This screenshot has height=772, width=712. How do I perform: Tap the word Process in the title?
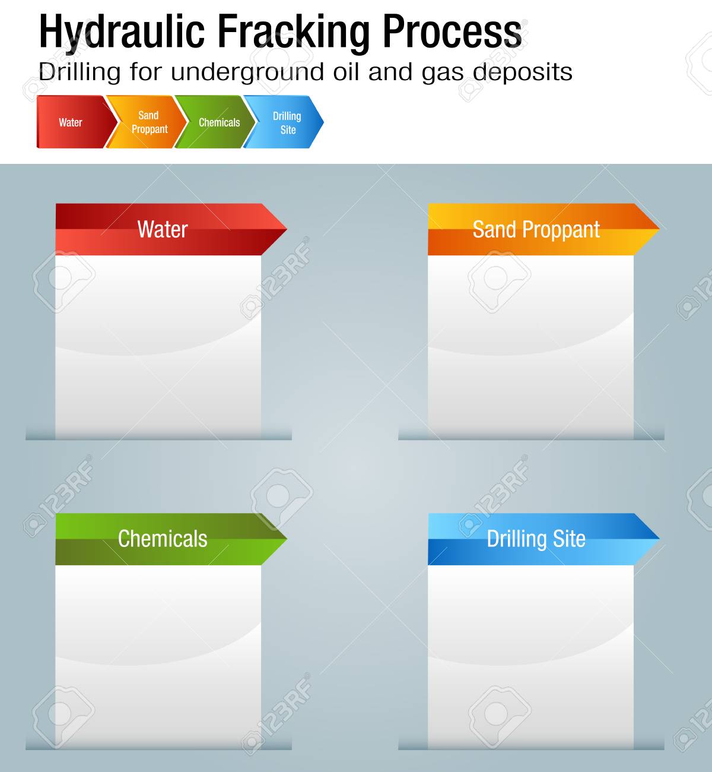(x=452, y=31)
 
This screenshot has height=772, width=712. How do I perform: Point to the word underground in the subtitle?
(x=247, y=72)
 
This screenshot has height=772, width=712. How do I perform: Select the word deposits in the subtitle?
(x=522, y=72)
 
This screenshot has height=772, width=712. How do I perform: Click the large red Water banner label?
(x=163, y=229)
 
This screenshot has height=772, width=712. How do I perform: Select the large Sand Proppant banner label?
(x=536, y=230)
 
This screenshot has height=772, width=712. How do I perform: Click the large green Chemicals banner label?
(x=163, y=539)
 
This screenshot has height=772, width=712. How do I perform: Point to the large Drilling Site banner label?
(x=536, y=539)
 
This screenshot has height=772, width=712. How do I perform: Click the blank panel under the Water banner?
(x=158, y=347)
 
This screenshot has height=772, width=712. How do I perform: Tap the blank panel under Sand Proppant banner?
(x=530, y=347)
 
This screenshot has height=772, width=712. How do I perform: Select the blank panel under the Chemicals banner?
(x=158, y=657)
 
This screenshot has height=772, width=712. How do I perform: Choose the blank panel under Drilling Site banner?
(x=530, y=657)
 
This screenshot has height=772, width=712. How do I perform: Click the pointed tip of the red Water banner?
(x=287, y=229)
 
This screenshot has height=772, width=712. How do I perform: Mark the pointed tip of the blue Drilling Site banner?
(x=659, y=539)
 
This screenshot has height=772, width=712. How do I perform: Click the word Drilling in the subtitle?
(x=80, y=72)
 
